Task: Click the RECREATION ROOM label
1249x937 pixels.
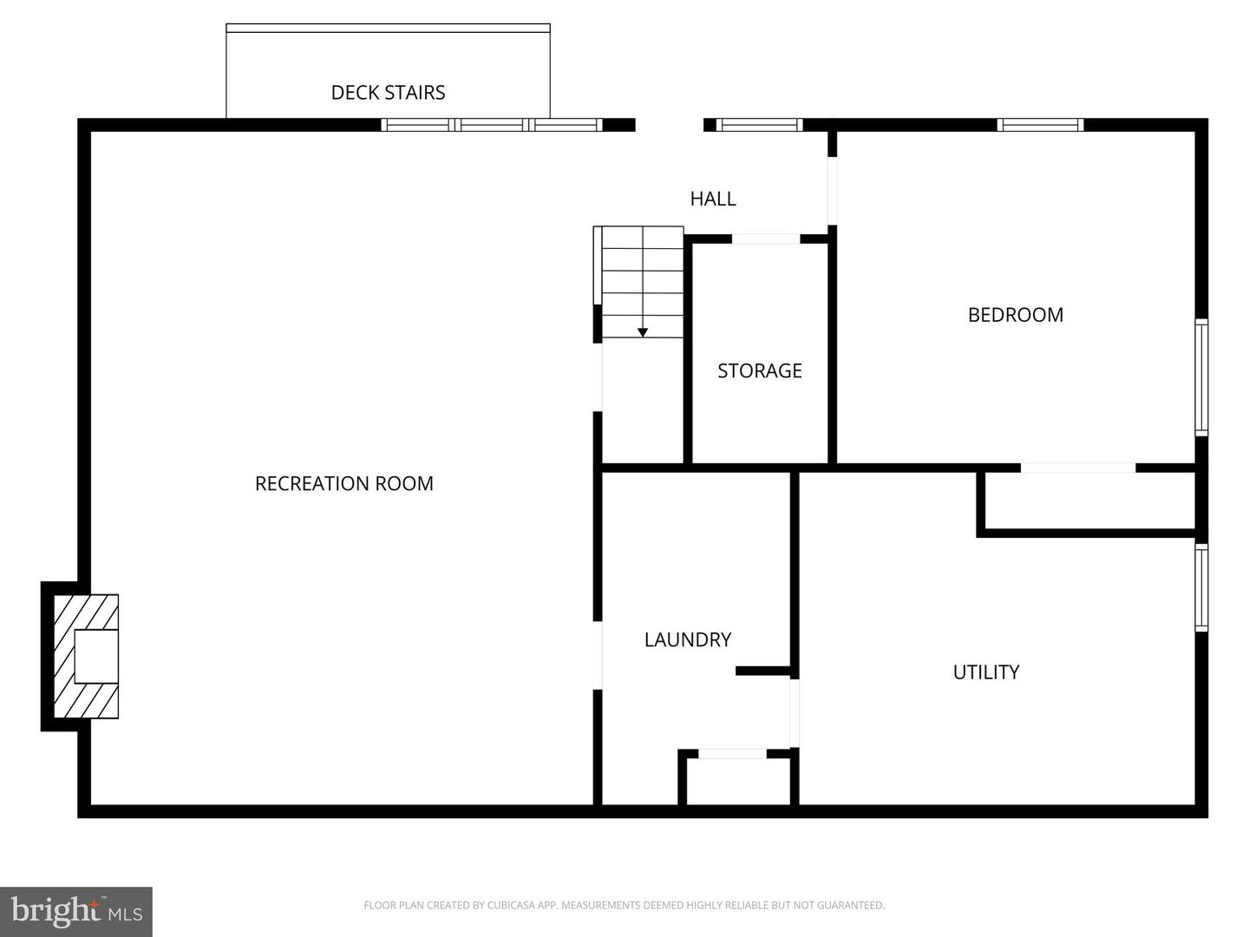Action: [x=343, y=483]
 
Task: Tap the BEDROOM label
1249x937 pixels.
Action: [x=1015, y=315]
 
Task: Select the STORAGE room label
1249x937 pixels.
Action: [x=759, y=370]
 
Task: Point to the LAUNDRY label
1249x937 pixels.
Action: [x=687, y=639]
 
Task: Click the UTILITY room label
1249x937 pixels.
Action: [x=985, y=672]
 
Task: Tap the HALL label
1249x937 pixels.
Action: [x=712, y=199]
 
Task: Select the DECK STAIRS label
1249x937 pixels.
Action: [x=388, y=93]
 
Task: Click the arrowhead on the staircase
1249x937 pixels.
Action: [x=643, y=332]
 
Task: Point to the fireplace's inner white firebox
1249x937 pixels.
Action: [x=96, y=656]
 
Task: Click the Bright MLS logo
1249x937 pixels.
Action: [x=76, y=911]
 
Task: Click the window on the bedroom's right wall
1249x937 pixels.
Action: [x=1201, y=377]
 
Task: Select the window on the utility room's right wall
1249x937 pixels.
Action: [x=1201, y=587]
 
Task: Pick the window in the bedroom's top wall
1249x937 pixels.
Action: [x=1040, y=125]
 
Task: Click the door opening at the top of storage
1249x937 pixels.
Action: [x=766, y=239]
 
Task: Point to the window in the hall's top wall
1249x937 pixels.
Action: [x=758, y=125]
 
